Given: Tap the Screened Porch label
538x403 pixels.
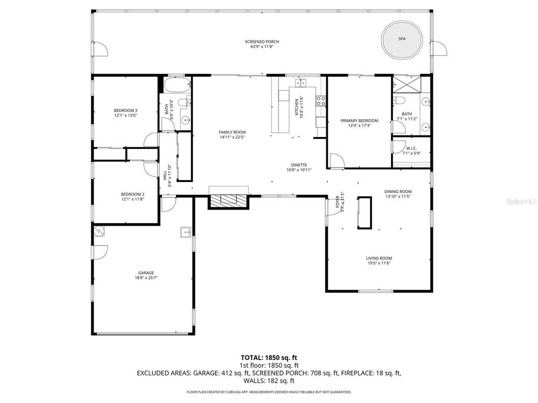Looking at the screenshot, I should click(262, 42).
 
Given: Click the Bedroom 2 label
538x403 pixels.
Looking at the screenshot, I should click(125, 194).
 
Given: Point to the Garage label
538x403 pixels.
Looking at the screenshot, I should click(146, 273).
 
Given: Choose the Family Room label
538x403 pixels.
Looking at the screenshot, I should click(232, 132).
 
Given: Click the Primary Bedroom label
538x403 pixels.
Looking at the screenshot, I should click(359, 121).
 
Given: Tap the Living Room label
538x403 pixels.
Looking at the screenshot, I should click(379, 258).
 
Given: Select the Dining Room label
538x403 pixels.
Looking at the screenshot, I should click(398, 192).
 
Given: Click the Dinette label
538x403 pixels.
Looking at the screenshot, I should click(297, 165).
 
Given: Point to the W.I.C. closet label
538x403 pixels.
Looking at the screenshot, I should click(411, 149).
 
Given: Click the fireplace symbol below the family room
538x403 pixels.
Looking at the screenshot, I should click(228, 199).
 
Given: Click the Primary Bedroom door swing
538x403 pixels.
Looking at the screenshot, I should click(337, 161).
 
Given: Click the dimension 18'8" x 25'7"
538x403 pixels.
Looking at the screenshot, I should click(146, 278).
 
